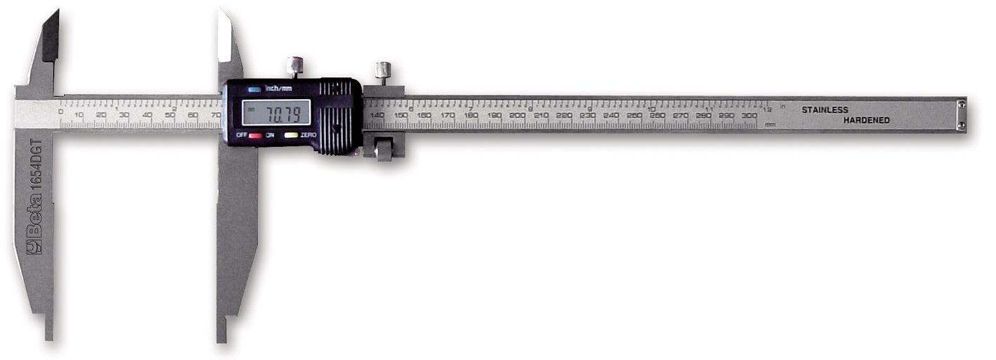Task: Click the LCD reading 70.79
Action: pyautogui.click(x=276, y=112)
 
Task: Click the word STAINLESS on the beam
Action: pyautogui.click(x=824, y=110)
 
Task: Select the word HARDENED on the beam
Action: pyautogui.click(x=866, y=120)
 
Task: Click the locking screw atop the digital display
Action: pyautogui.click(x=295, y=65)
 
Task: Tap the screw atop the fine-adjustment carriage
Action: pyautogui.click(x=383, y=70)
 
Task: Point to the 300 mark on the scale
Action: pyautogui.click(x=749, y=115)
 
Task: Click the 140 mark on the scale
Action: pyautogui.click(x=377, y=115)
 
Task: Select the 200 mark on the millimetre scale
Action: pyautogui.click(x=517, y=115)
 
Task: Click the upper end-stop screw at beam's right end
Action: pyautogui.click(x=961, y=105)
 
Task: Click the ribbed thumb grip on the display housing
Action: pyautogui.click(x=338, y=116)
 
